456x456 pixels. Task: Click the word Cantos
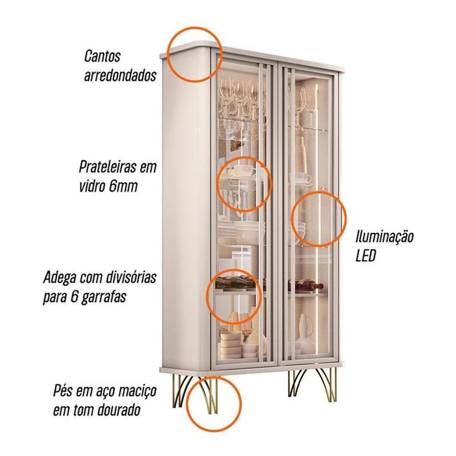click(x=102, y=56)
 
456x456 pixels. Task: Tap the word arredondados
click(x=120, y=75)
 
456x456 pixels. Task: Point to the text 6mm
click(x=123, y=186)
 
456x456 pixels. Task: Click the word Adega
click(x=60, y=278)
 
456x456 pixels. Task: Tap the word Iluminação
click(x=384, y=237)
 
